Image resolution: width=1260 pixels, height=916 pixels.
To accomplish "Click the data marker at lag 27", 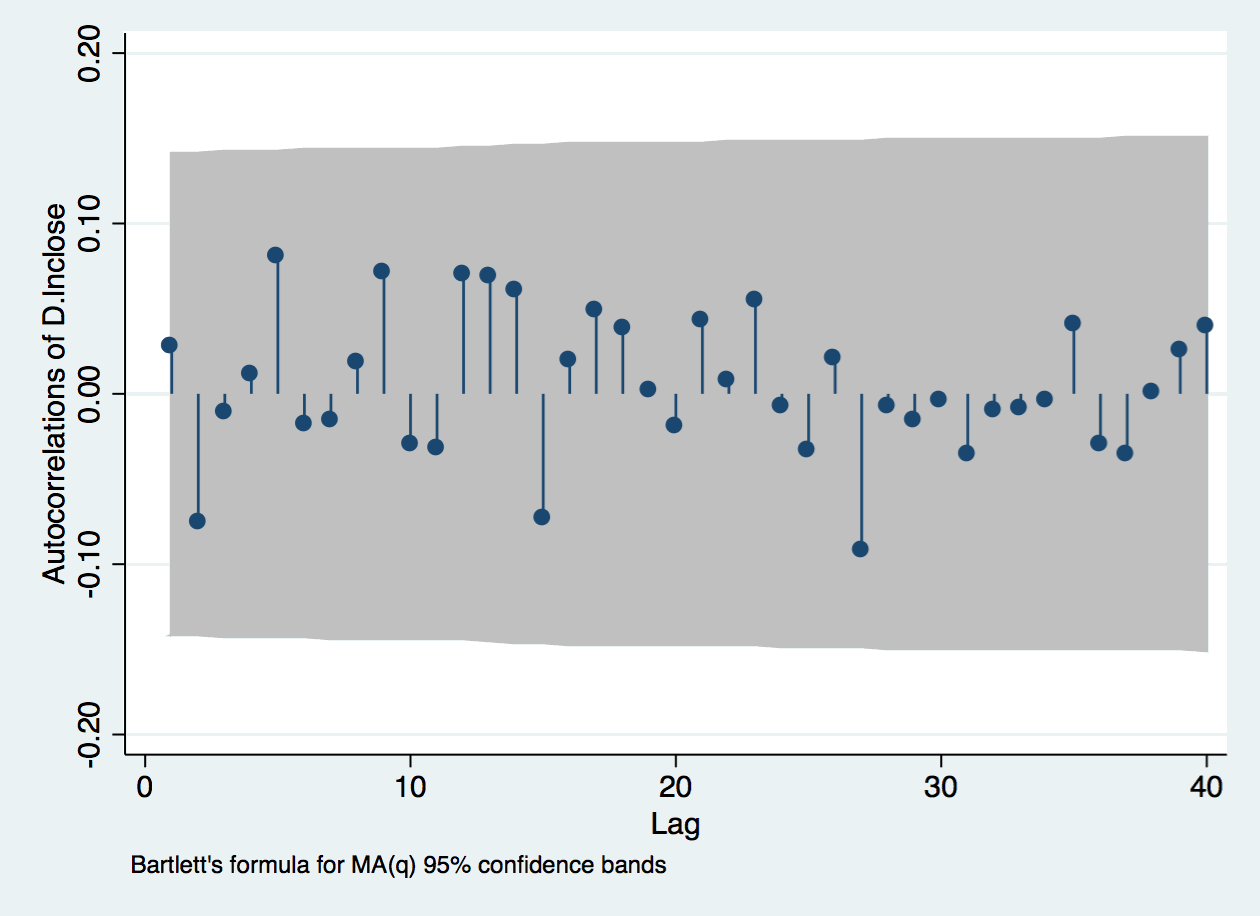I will pos(860,549).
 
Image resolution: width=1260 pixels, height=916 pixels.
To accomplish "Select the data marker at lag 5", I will pos(275,255).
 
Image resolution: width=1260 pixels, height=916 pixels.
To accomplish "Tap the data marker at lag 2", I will pos(197,521).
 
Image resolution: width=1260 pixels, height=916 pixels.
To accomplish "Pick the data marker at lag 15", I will pos(542,517).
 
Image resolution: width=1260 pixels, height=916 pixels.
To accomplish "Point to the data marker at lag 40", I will pos(1205,325).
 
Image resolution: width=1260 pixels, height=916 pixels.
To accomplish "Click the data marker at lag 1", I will pos(169,345).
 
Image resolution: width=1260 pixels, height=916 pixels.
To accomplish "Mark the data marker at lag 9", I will pos(381,271).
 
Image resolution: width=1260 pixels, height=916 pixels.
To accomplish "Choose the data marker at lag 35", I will pos(1072,323).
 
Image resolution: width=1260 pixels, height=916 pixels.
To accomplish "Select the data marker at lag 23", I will pos(754,299).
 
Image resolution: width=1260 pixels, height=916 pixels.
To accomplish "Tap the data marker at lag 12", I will pos(461,273).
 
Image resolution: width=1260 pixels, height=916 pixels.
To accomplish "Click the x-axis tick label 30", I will pos(941,786).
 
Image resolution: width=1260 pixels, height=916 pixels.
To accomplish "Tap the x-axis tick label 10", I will pos(410,786).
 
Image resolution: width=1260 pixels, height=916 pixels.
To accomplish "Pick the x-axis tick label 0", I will pos(145,786).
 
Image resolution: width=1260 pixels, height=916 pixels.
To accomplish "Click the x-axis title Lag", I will pos(676,825).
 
